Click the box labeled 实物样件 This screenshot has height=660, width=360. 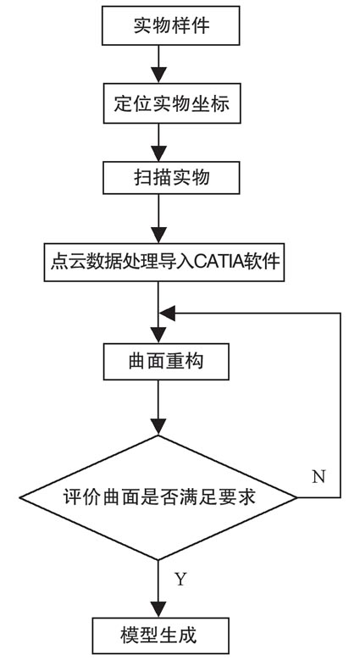[171, 25]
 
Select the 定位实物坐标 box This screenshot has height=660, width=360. [172, 103]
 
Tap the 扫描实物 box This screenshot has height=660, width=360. [171, 178]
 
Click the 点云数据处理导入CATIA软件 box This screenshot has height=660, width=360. [164, 263]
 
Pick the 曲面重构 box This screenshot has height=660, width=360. [166, 362]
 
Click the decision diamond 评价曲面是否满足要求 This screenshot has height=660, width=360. [158, 497]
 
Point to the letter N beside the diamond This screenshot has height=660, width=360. [318, 477]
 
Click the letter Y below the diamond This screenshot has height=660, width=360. [180, 580]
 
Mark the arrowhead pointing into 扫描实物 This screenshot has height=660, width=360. [158, 154]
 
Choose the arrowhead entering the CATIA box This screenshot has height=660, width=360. [158, 236]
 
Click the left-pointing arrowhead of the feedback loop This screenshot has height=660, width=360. [167, 313]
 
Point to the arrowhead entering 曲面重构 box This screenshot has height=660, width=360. [158, 336]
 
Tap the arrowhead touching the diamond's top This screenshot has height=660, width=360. [158, 427]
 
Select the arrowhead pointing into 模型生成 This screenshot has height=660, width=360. [158, 610]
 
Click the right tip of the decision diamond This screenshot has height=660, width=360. [297, 497]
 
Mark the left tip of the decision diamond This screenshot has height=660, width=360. [19, 497]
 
